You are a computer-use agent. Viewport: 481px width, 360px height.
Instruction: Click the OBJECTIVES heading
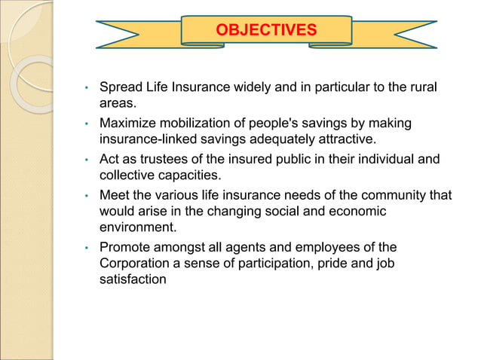266,30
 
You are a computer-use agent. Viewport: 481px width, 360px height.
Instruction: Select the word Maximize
128,123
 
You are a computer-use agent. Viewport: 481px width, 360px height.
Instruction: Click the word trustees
158,160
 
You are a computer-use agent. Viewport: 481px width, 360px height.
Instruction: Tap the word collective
127,176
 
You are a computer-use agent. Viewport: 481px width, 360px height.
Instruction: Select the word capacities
185,176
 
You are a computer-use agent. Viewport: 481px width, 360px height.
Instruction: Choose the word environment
136,228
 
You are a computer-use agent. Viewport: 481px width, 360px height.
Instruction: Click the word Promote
125,247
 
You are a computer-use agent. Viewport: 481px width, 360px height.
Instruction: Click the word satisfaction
133,280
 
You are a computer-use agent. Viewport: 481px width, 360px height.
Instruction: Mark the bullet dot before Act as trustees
88,160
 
